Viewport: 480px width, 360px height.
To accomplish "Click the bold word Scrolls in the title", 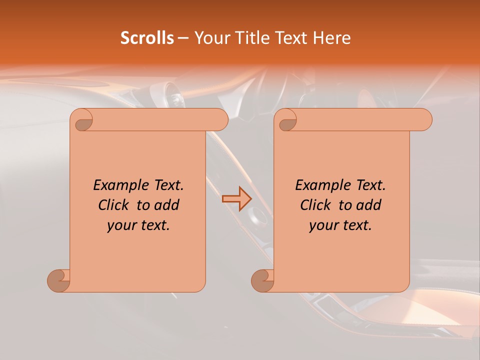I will (147, 38).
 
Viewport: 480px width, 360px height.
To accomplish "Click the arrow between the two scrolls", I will (237, 198).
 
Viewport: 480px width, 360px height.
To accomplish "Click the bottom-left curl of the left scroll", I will (58, 280).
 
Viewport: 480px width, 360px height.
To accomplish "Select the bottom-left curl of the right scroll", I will (262, 280).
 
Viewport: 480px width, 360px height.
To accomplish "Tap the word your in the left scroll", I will (120, 225).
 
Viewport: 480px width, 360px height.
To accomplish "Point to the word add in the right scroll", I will (369, 205).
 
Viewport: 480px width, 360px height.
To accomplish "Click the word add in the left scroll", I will (167, 205).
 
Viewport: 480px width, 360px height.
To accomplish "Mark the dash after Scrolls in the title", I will (183, 38).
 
